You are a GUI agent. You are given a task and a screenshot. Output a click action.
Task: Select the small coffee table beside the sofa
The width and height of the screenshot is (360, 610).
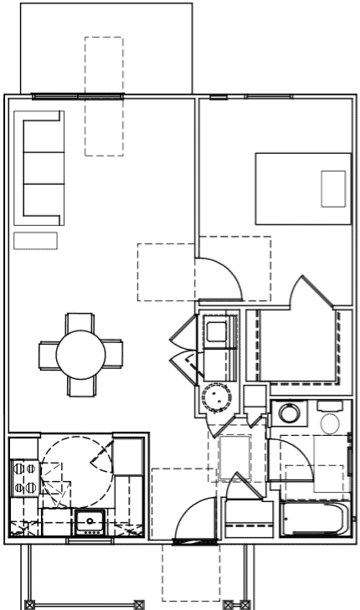(35, 241)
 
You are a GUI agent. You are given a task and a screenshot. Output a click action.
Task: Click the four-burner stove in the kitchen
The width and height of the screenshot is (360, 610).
(23, 478)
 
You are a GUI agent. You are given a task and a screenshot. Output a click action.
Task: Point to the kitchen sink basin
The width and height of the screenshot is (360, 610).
(88, 522)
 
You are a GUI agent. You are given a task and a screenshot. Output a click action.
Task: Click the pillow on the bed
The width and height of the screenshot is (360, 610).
(332, 188)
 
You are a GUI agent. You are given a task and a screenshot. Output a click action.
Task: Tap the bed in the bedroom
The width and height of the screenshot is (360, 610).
(302, 188)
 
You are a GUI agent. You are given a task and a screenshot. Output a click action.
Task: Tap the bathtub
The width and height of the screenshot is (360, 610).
(314, 519)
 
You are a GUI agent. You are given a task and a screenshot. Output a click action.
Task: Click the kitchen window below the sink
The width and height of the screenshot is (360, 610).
(89, 541)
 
